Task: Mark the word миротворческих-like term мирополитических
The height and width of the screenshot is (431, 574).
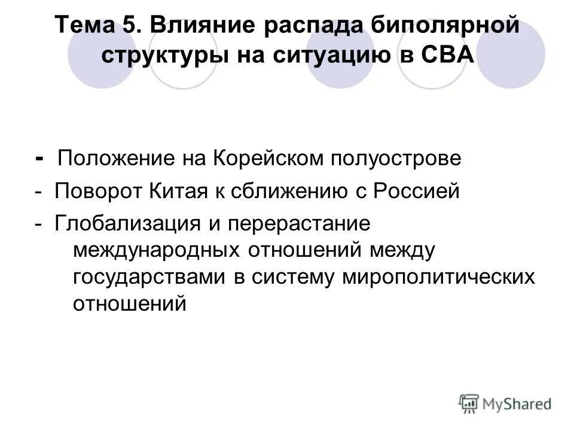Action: click(x=438, y=277)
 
